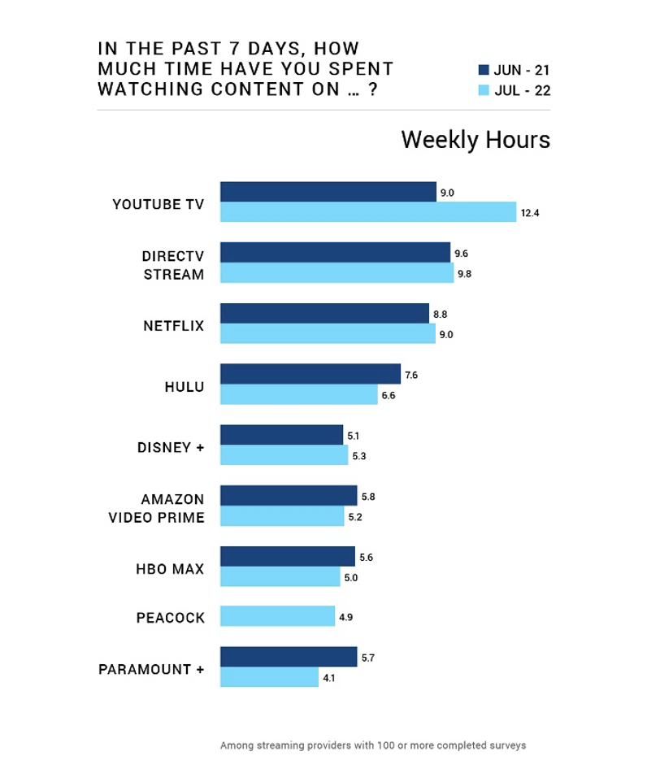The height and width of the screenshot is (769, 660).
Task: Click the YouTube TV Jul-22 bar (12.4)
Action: (x=368, y=212)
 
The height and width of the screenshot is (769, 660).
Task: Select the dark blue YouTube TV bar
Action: (x=328, y=192)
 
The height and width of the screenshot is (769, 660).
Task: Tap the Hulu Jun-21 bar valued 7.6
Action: (x=310, y=374)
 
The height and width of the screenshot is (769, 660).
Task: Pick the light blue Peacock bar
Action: (x=277, y=616)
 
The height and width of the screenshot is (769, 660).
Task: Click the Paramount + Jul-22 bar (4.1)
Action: (x=269, y=677)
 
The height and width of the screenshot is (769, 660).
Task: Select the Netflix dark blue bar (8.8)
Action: (x=324, y=314)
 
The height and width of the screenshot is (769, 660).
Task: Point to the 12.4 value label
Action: (x=530, y=213)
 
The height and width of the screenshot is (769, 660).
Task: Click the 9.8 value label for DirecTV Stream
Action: (x=464, y=274)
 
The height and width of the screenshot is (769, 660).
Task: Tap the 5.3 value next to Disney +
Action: (x=359, y=456)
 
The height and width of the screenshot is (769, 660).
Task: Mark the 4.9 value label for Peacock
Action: (x=345, y=617)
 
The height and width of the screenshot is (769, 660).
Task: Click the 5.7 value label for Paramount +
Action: (x=367, y=658)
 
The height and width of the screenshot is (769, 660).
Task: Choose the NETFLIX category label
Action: (x=174, y=326)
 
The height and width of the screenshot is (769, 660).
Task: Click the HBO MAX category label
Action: (x=170, y=569)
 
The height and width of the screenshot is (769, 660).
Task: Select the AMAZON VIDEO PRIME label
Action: (x=156, y=508)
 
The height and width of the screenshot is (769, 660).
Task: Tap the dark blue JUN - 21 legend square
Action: (x=484, y=70)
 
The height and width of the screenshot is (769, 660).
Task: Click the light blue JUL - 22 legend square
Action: (x=484, y=90)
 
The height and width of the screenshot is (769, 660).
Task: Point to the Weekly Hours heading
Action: (x=475, y=140)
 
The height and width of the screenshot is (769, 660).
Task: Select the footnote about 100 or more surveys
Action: (x=372, y=745)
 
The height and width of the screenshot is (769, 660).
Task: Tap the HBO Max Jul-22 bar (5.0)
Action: (x=280, y=576)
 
